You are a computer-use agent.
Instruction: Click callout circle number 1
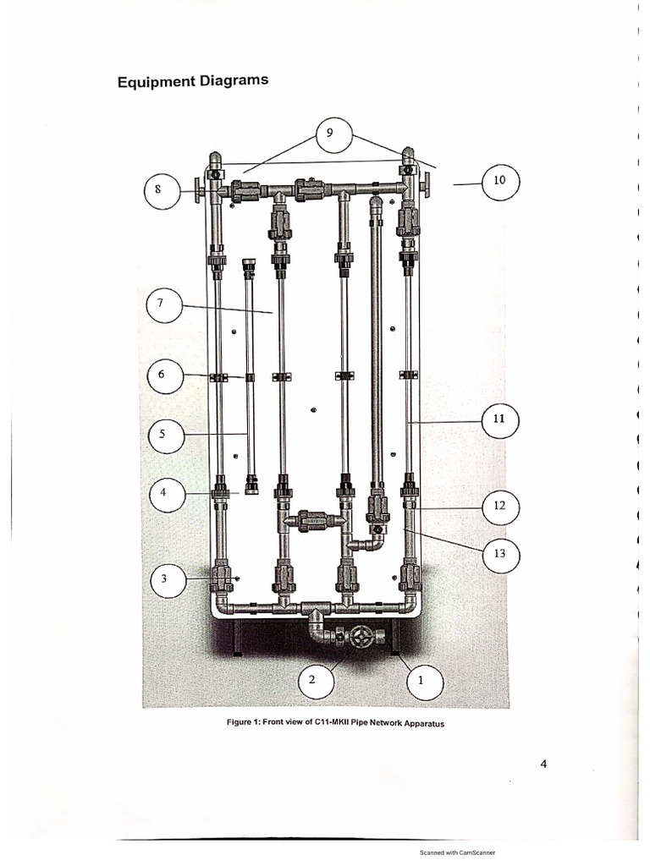pyautogui.click(x=422, y=681)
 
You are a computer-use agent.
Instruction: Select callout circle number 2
pyautogui.click(x=312, y=681)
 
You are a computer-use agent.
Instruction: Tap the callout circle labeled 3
pyautogui.click(x=163, y=580)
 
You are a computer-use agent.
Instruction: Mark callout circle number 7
pyautogui.click(x=163, y=306)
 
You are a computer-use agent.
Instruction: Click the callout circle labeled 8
pyautogui.click(x=158, y=190)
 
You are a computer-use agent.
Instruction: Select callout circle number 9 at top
pyautogui.click(x=331, y=134)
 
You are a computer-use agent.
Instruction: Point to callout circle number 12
pyautogui.click(x=499, y=507)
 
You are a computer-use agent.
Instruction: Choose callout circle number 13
pyautogui.click(x=499, y=554)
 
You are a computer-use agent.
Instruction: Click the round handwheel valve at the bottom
pyautogui.click(x=361, y=636)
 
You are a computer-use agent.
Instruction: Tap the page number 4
pyautogui.click(x=543, y=765)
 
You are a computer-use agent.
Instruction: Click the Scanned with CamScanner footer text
pyautogui.click(x=457, y=852)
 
